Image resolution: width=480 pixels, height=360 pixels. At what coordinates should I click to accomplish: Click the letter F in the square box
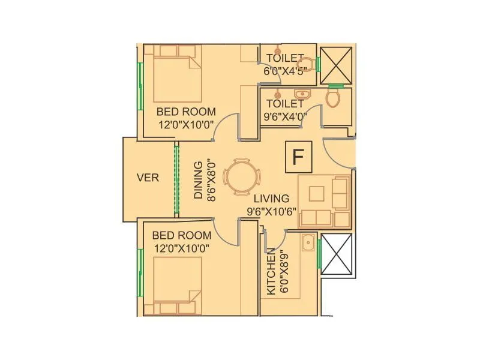297,157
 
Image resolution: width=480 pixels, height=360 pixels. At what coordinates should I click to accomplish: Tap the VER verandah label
148,178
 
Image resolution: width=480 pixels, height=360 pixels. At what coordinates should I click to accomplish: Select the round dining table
242,177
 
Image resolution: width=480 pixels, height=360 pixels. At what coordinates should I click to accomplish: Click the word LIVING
271,199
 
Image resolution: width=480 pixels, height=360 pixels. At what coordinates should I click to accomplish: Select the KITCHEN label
271,271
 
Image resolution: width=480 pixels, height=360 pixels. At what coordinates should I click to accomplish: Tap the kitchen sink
308,244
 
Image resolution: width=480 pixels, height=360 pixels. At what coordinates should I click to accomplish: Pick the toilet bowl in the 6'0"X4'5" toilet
307,65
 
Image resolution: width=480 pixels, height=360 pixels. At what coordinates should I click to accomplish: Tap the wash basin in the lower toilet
301,94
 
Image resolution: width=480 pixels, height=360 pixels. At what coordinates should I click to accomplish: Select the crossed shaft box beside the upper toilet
335,64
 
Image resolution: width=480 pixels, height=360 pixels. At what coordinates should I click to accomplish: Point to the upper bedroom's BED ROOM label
182,112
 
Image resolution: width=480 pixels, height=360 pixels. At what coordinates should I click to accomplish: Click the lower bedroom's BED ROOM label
182,235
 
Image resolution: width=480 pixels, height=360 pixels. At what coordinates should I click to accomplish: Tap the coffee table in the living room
316,193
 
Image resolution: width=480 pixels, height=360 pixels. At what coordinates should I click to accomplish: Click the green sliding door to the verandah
176,178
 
